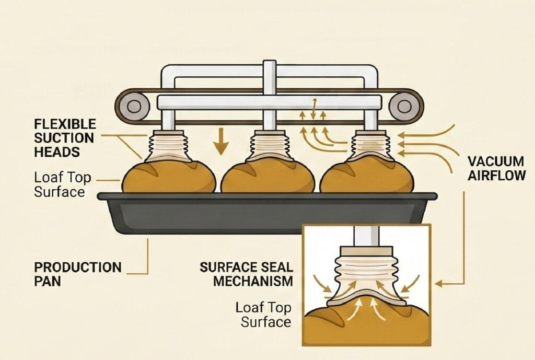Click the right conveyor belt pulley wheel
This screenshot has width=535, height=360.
(404, 106)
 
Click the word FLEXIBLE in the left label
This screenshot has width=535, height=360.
(65, 124)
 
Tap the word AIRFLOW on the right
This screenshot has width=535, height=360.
(496, 176)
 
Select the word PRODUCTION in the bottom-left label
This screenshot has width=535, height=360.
(78, 268)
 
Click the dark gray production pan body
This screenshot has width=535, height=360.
(266, 214)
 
